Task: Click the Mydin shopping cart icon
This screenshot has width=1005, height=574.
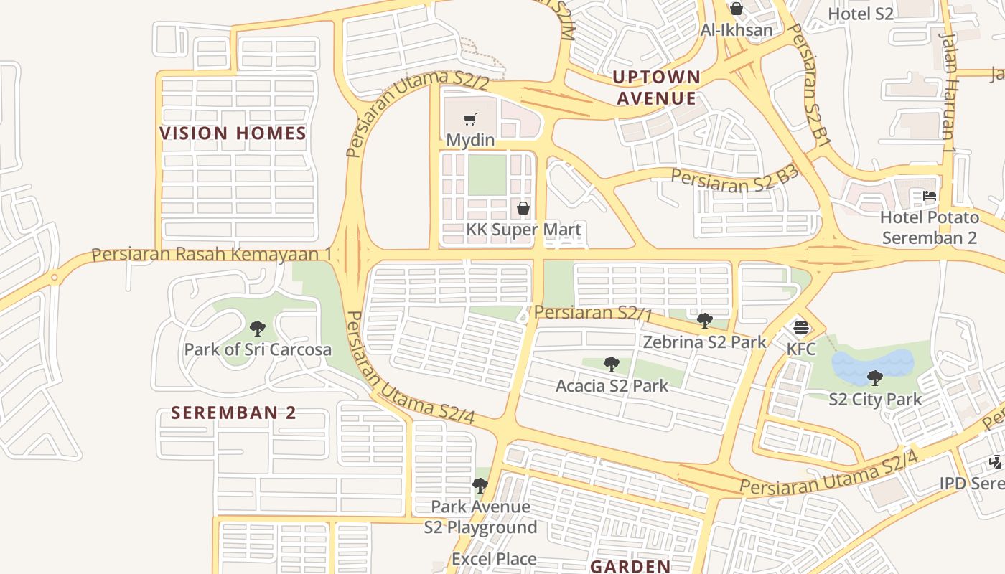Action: pos(470,120)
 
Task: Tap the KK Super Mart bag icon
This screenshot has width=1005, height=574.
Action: pos(523,209)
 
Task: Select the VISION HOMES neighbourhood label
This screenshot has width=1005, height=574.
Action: pos(233,133)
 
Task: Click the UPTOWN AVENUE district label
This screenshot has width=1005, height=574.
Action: pos(657,88)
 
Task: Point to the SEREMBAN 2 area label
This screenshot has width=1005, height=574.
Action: pos(233,413)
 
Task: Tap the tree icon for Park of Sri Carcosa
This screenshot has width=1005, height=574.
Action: pos(258,329)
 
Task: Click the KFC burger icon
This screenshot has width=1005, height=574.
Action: pos(801,329)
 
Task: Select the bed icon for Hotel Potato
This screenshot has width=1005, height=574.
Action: pos(930,196)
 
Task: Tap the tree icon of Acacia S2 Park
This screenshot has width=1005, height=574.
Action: pos(612,364)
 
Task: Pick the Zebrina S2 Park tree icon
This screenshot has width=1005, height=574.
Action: pos(705,321)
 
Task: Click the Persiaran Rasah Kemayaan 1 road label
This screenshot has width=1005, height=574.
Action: pos(212,255)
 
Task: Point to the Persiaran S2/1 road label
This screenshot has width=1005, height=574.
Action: pos(593,314)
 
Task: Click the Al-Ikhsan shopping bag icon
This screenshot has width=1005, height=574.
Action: pos(736,9)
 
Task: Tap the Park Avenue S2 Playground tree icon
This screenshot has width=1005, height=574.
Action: pos(480,486)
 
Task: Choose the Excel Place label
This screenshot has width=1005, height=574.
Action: pos(494,559)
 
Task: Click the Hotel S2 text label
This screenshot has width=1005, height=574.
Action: pos(860,14)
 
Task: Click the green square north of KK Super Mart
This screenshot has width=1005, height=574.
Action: pos(487,176)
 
